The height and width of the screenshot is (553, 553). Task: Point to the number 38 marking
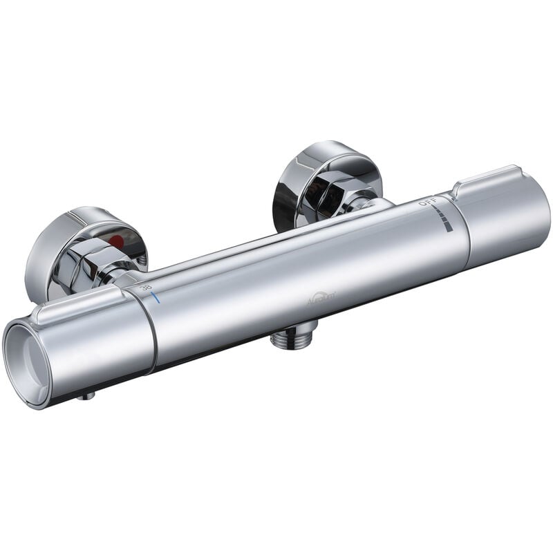click(x=147, y=288)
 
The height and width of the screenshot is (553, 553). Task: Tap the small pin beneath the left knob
click(x=88, y=396)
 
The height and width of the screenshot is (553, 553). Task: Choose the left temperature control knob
click(x=90, y=346)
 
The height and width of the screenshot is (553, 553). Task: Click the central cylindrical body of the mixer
click(x=304, y=276)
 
